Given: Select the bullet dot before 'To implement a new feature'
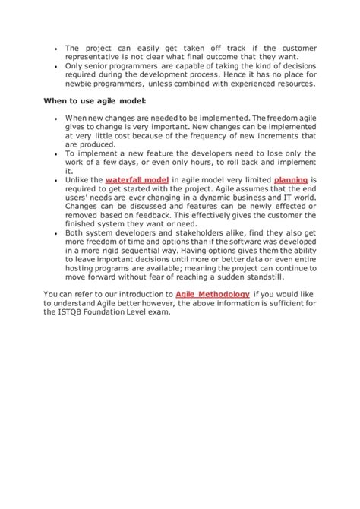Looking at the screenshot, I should (x=56, y=152).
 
